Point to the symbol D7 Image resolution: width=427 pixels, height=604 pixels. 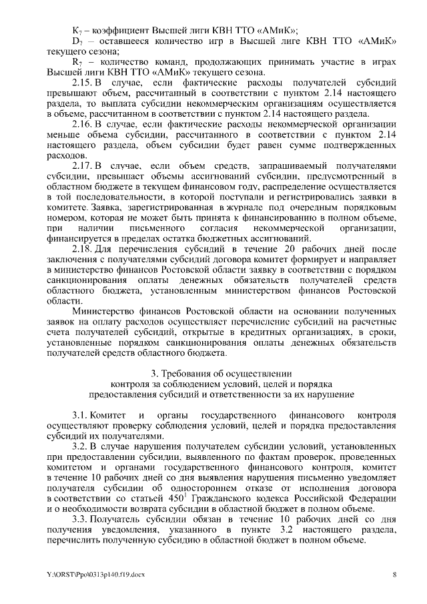click(x=76, y=41)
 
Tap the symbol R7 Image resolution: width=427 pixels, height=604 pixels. click(x=76, y=62)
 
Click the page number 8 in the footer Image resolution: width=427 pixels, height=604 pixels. click(x=394, y=573)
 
